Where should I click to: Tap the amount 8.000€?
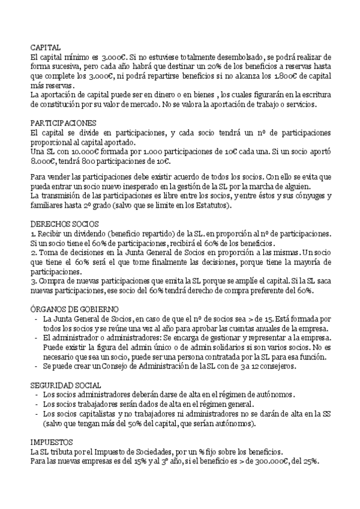coord(43,161)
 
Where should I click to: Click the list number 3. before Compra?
coord(34,282)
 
